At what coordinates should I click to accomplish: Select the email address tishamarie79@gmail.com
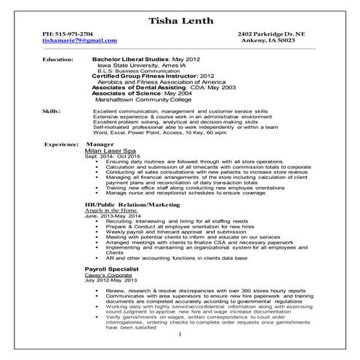79,41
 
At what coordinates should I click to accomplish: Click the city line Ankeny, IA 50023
279,41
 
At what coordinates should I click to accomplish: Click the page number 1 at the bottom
180,334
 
